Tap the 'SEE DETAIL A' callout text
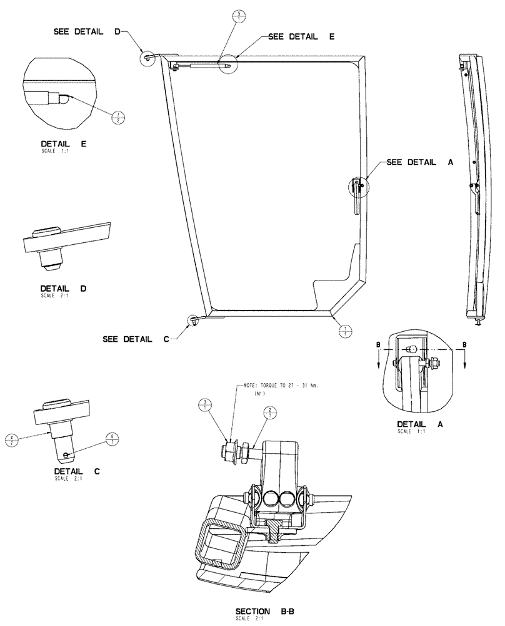419,162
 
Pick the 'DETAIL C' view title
74,471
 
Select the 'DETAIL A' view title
419,424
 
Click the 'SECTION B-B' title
261,611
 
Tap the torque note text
277,387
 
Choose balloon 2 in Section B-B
269,412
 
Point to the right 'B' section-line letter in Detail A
463,344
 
